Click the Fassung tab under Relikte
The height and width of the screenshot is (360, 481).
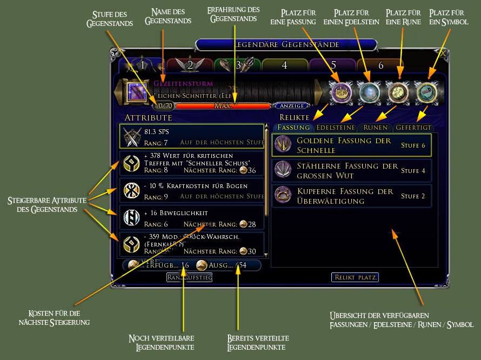pos(294,128)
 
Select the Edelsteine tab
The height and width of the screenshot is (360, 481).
pos(336,128)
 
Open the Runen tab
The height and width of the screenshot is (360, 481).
pos(375,128)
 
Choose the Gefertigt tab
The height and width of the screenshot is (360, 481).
pos(413,128)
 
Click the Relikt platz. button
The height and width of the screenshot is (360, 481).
pos(355,277)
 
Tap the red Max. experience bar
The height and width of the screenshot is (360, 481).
pos(223,106)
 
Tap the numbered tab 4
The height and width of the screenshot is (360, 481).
pos(285,65)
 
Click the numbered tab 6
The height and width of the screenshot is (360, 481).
pos(380,65)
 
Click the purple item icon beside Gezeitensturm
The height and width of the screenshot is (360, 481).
pos(137,92)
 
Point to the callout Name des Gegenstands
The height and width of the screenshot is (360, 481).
pos(168,16)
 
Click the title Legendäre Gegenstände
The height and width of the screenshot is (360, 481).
pos(286,44)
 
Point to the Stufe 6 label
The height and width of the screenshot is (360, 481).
pos(413,145)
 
